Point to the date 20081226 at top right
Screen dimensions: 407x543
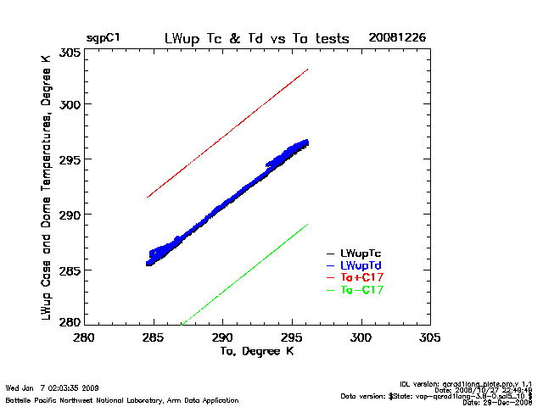[397, 39]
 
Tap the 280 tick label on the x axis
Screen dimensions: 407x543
[84, 337]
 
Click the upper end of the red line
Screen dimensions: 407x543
[307, 70]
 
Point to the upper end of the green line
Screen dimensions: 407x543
[307, 225]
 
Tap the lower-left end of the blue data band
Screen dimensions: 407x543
[148, 262]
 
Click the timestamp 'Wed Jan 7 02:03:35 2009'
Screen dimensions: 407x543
[52, 388]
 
